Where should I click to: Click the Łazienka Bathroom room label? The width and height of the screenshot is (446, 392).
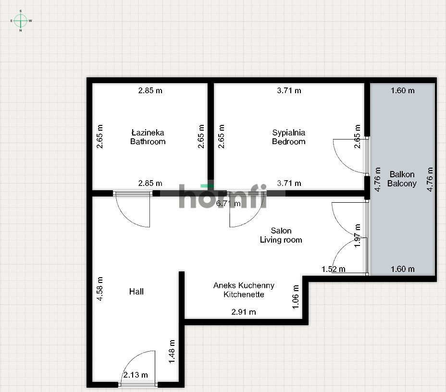(148, 137)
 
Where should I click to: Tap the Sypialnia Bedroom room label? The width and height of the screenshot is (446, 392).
(289, 137)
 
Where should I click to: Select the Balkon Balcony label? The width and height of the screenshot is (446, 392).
(402, 179)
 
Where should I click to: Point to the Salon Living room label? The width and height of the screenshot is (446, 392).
(281, 235)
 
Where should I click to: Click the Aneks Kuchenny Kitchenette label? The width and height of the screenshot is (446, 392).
(244, 290)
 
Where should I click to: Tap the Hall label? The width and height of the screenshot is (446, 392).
(136, 292)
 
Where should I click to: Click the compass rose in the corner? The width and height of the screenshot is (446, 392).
(21, 21)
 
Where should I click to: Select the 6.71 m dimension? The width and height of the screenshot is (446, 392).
(228, 203)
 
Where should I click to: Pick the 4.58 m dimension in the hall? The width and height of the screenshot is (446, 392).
(99, 289)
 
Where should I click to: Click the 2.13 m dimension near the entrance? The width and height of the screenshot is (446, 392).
(136, 375)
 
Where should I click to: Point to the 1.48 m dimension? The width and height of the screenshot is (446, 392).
(172, 351)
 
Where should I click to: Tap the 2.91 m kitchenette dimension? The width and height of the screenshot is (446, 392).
(244, 312)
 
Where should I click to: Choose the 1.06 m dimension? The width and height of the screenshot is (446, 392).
(296, 297)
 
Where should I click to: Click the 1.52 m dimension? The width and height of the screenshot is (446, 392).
(334, 269)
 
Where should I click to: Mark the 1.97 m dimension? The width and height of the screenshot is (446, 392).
(357, 236)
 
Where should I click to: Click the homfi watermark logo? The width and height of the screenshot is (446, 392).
(223, 196)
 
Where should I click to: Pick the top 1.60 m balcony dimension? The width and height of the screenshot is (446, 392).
(402, 90)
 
